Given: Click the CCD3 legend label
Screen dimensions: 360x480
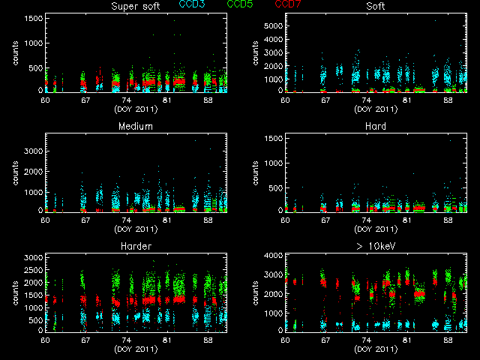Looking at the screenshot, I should tap(193, 5).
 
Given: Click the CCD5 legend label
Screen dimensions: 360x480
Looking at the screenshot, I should tap(239, 5).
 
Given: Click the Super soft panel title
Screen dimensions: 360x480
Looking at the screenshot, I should tap(136, 7).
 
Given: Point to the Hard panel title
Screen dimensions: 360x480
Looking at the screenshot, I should tap(376, 126).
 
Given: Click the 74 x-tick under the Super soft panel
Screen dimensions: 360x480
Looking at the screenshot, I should tap(126, 100).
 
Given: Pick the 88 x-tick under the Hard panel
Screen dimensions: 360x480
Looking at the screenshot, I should tap(447, 220).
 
